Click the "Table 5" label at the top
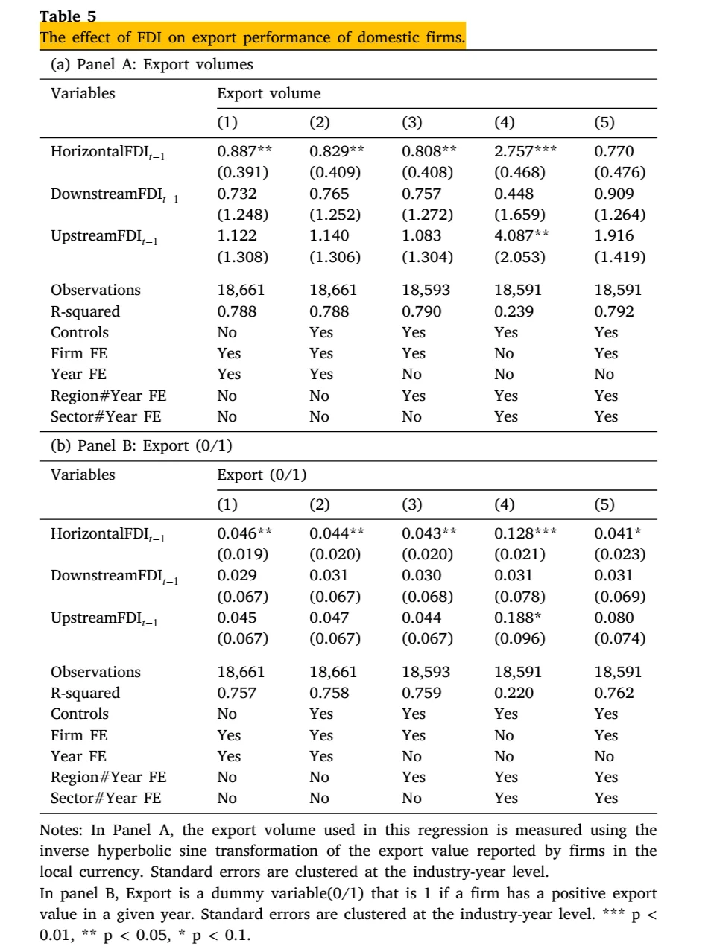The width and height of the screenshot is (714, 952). tap(68, 16)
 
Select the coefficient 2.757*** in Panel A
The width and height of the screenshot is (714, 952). tap(525, 151)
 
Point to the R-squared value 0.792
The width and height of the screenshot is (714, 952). tap(614, 311)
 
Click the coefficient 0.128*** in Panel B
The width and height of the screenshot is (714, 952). tap(525, 533)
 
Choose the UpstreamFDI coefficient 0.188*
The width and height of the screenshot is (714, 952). tap(518, 618)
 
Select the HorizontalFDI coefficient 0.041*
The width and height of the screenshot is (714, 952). tap(617, 533)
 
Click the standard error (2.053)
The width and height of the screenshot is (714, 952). tap(519, 257)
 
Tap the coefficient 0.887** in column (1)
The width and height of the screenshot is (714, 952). tap(244, 151)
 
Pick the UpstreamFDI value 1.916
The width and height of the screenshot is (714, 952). tap(614, 235)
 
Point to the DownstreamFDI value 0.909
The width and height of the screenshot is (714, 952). tap(614, 194)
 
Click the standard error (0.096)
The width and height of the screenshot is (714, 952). tap(519, 639)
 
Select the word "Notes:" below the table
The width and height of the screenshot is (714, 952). tap(62, 830)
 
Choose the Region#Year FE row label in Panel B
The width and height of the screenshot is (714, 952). tap(108, 777)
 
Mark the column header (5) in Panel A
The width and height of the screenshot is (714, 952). tap(604, 122)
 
